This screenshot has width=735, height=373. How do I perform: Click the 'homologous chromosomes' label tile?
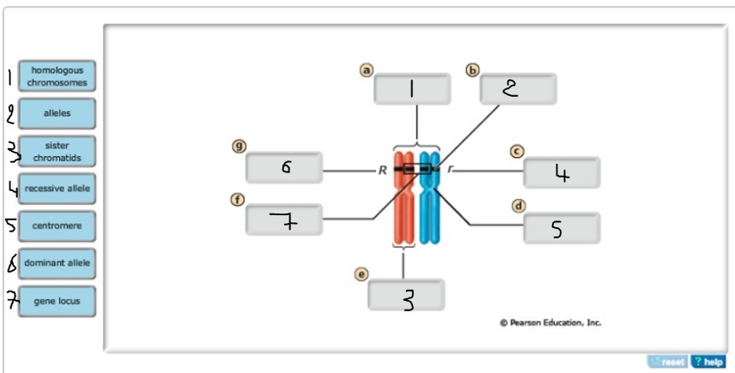pyautogui.click(x=58, y=75)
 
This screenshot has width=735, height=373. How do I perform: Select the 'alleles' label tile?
pyautogui.click(x=58, y=113)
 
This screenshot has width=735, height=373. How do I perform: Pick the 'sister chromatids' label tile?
pyautogui.click(x=58, y=152)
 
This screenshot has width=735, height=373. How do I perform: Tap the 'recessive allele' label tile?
pyautogui.click(x=58, y=189)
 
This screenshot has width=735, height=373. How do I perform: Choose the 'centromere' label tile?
pyautogui.click(x=58, y=226)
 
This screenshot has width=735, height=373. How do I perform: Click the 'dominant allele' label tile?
pyautogui.click(x=58, y=263)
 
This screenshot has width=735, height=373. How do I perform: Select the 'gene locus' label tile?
pyautogui.click(x=58, y=301)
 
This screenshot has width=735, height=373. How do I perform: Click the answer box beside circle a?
pyautogui.click(x=412, y=89)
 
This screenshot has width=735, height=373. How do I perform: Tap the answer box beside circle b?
pyautogui.click(x=518, y=89)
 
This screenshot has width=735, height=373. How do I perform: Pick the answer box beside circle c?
pyautogui.click(x=562, y=173)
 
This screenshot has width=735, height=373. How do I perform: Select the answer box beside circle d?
pyautogui.click(x=562, y=228)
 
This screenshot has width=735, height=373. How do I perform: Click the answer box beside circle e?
pyautogui.click(x=407, y=296)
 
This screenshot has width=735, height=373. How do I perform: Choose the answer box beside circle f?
pyautogui.click(x=284, y=220)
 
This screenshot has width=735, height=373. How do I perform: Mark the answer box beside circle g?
pyautogui.click(x=284, y=168)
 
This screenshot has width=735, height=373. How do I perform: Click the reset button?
pyautogui.click(x=669, y=362)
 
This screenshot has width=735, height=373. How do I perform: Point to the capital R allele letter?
pyautogui.click(x=382, y=171)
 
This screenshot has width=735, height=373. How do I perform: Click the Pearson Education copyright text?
pyautogui.click(x=550, y=323)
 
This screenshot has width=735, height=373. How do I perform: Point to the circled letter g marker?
pyautogui.click(x=240, y=146)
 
